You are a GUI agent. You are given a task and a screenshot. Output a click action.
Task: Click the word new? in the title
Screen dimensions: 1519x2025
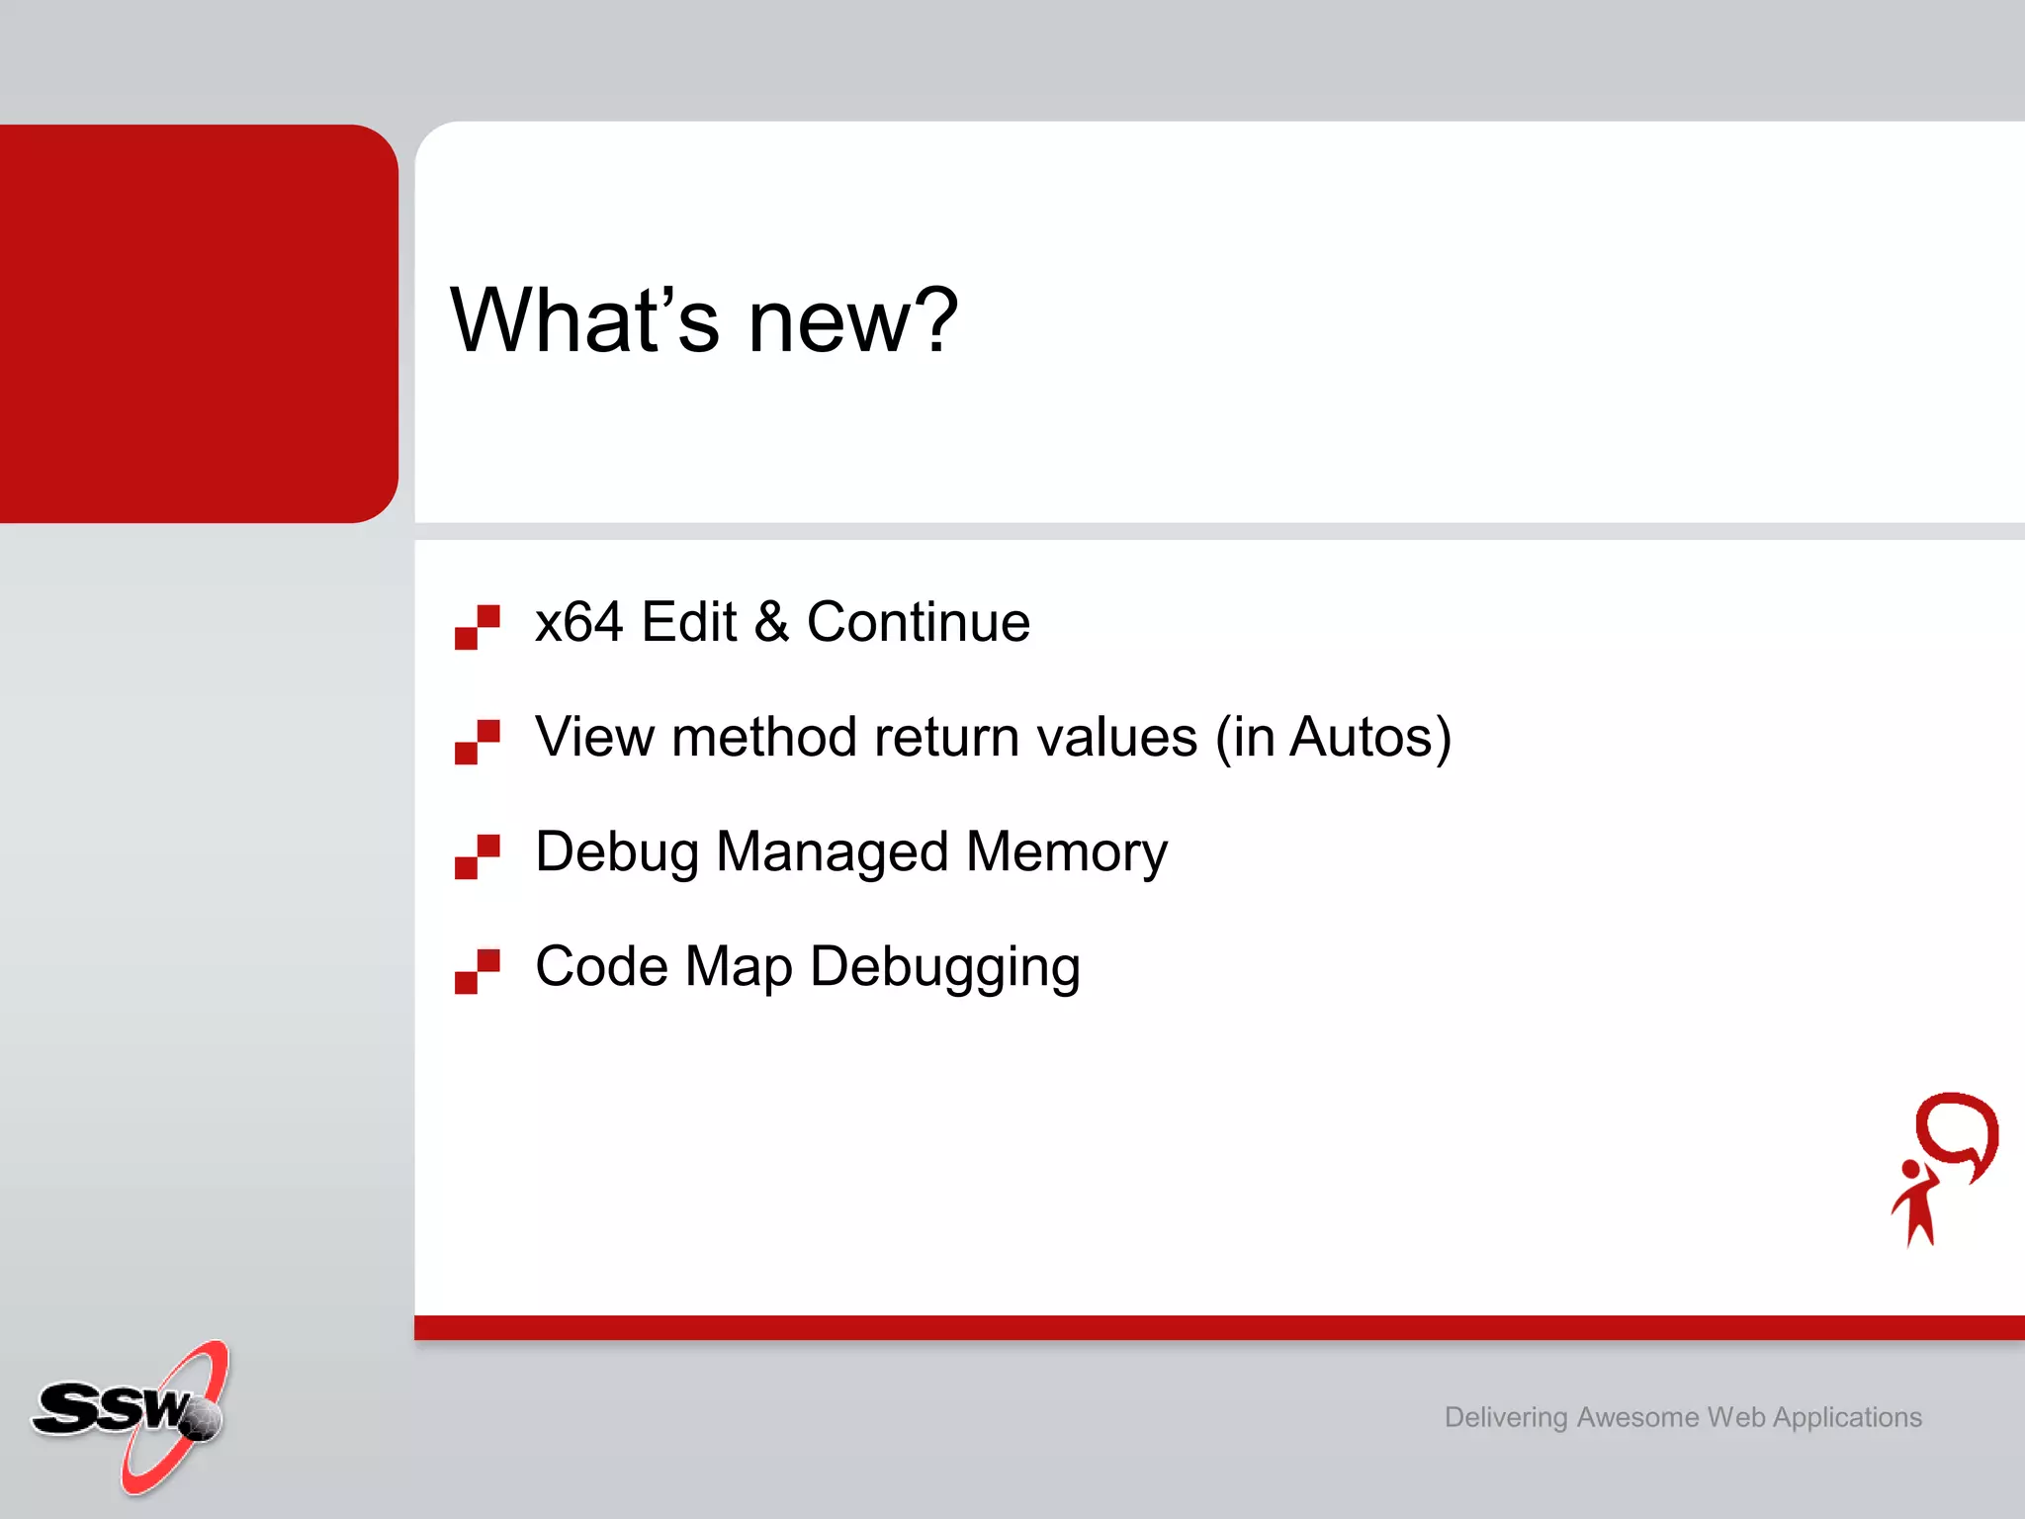(852, 322)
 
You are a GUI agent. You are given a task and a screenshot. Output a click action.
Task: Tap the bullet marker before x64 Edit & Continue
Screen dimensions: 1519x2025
(477, 627)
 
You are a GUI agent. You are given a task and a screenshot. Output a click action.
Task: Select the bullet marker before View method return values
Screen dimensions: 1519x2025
(477, 742)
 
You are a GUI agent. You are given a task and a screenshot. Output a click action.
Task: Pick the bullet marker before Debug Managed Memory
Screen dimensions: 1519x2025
(477, 856)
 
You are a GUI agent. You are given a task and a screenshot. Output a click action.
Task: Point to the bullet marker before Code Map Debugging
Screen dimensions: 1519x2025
(477, 971)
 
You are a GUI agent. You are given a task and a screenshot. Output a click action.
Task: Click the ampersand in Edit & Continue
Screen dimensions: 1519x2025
(771, 623)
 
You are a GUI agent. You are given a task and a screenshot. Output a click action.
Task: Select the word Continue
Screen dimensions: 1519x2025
(918, 623)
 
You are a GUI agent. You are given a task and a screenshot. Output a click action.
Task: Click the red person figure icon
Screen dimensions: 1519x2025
(1916, 1205)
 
